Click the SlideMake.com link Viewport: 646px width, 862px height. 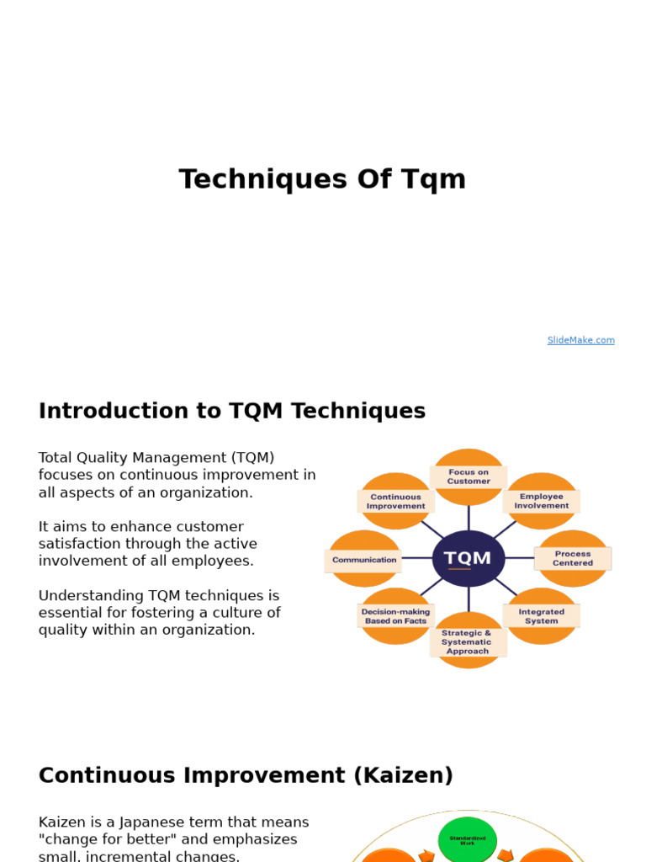pyautogui.click(x=580, y=340)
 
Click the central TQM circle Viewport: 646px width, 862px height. pyautogui.click(x=469, y=558)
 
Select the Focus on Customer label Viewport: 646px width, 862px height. pyautogui.click(x=469, y=477)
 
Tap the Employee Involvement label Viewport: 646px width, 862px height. pyautogui.click(x=542, y=502)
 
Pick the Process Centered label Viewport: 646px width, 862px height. pyautogui.click(x=573, y=558)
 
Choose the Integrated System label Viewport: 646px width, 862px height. pyautogui.click(x=542, y=616)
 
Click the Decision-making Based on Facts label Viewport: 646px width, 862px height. pyautogui.click(x=395, y=616)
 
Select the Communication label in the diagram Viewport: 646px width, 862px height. pyautogui.click(x=364, y=560)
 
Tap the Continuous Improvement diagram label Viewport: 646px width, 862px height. pyautogui.click(x=395, y=502)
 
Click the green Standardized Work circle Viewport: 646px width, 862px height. pyautogui.click(x=468, y=840)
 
